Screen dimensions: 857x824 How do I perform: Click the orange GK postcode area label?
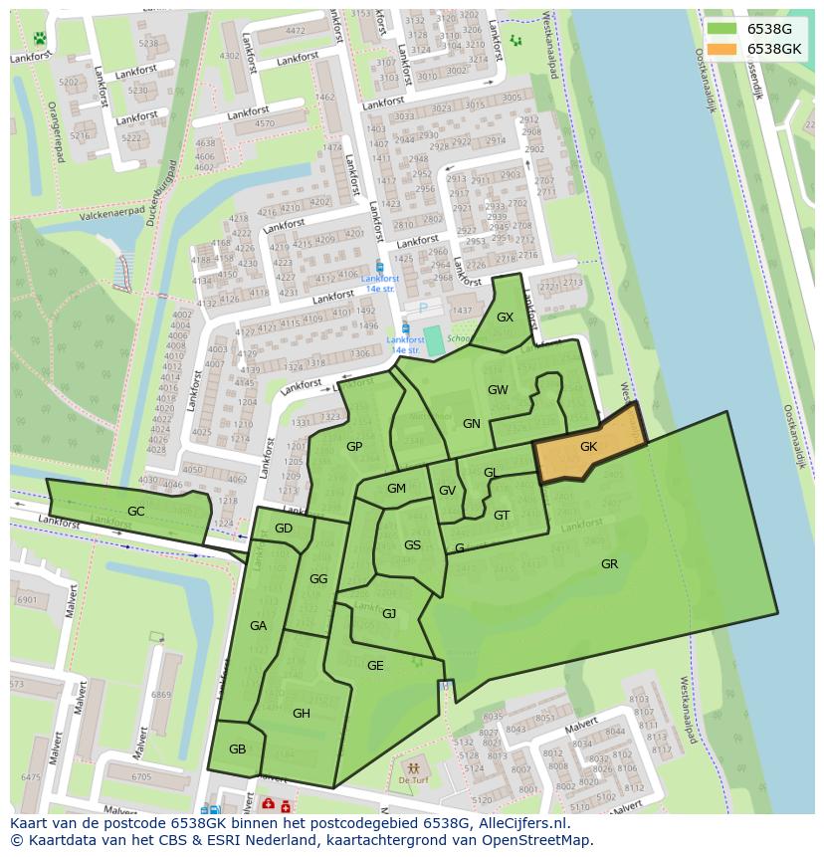(x=588, y=447)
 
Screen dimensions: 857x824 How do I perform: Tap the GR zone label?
(x=609, y=564)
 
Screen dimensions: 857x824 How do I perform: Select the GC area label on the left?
(x=135, y=512)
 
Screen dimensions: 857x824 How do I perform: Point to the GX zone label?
(x=505, y=318)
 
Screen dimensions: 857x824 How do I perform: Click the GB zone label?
(x=237, y=750)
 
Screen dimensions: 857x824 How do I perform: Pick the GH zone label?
(x=301, y=714)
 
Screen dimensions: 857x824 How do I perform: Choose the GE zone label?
(x=375, y=666)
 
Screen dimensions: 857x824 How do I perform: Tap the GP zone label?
(x=354, y=447)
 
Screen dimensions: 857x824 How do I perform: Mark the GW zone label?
(x=498, y=390)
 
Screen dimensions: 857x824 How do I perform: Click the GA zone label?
(x=258, y=626)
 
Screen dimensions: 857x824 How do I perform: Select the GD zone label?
(x=284, y=529)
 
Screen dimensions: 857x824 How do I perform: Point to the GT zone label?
(x=502, y=516)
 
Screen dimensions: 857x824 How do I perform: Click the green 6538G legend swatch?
(x=722, y=29)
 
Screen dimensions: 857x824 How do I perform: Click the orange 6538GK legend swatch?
(x=722, y=49)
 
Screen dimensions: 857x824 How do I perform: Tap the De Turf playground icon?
(x=413, y=769)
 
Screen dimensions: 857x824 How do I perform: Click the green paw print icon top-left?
(x=40, y=39)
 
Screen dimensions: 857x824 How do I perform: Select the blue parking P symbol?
(x=423, y=308)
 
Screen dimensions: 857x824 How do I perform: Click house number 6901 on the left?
(x=27, y=600)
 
